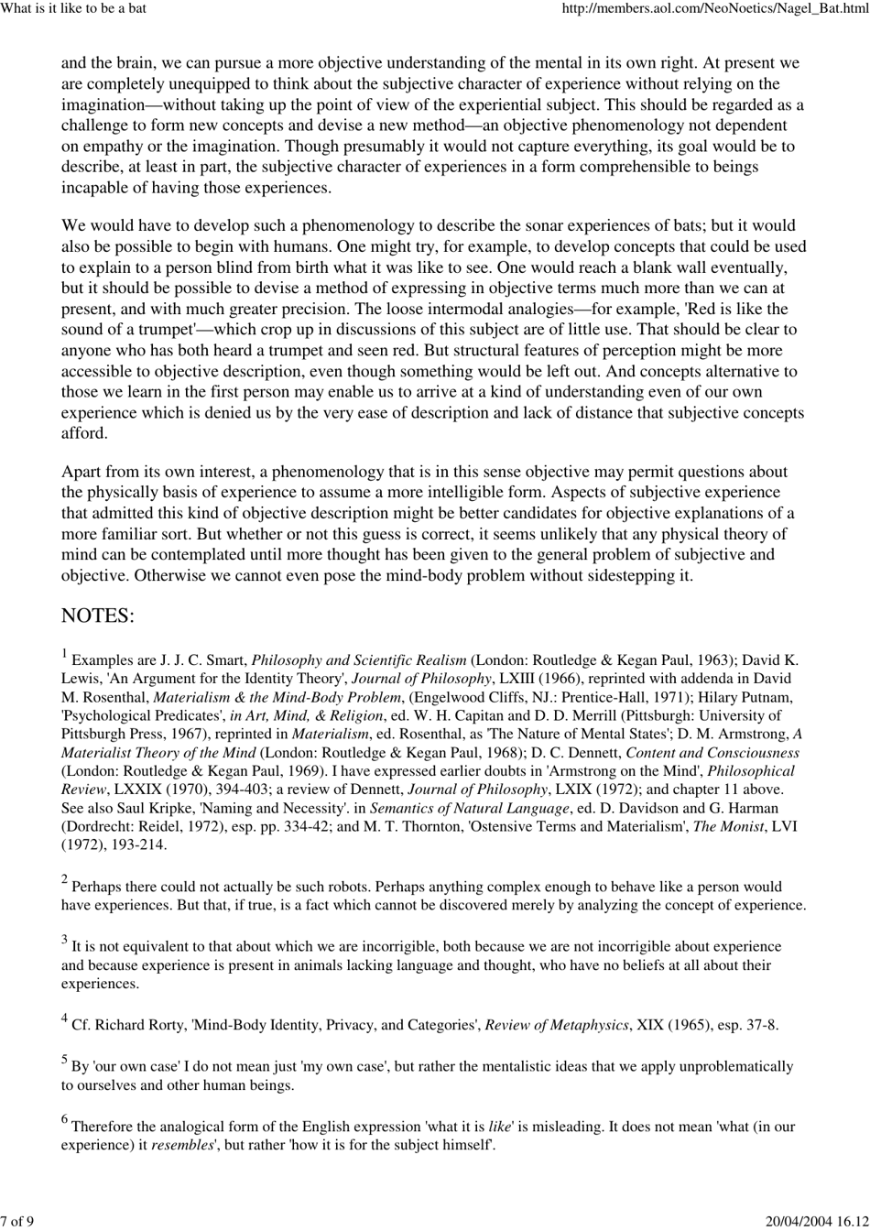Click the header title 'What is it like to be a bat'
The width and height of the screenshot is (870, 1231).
tap(73, 9)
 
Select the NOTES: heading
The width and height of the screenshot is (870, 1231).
tap(98, 615)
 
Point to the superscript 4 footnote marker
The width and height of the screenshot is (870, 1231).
tap(65, 1018)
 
